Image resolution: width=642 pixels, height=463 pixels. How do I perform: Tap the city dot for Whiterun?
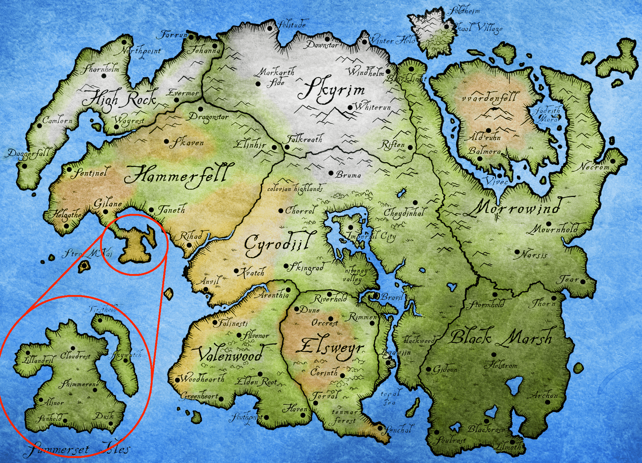tap(350, 108)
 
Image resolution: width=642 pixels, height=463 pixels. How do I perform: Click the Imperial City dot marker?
tap(350, 227)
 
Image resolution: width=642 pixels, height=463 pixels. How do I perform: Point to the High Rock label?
tap(120, 99)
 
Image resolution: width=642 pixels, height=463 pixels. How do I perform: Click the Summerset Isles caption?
tap(78, 450)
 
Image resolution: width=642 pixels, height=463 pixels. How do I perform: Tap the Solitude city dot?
tap(269, 28)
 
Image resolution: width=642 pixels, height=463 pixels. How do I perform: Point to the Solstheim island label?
tap(465, 11)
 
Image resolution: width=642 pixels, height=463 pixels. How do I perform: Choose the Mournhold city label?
tap(555, 230)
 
